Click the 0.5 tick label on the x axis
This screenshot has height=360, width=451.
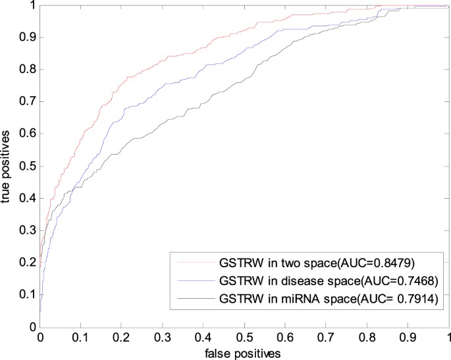[x=245, y=338]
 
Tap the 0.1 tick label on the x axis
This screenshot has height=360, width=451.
[x=81, y=338]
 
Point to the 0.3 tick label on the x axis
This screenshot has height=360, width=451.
[x=163, y=338]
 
